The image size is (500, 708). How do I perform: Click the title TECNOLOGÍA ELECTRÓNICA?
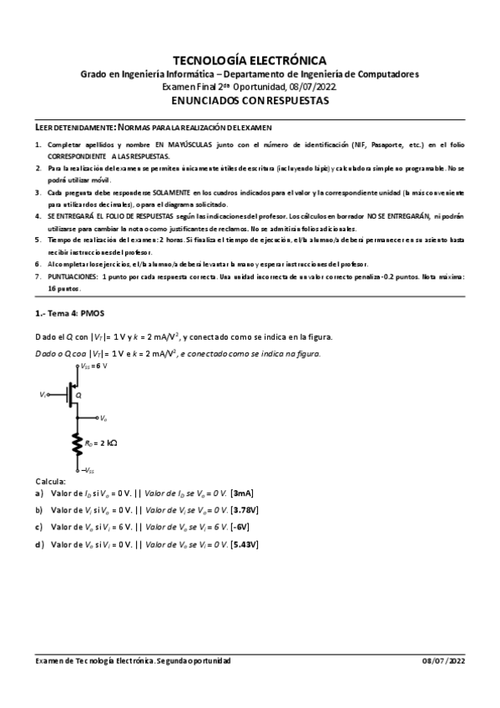(249, 60)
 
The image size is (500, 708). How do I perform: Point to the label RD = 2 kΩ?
(100, 443)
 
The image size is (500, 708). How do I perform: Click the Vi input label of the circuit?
(43, 394)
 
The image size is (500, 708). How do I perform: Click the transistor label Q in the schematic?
(78, 394)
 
